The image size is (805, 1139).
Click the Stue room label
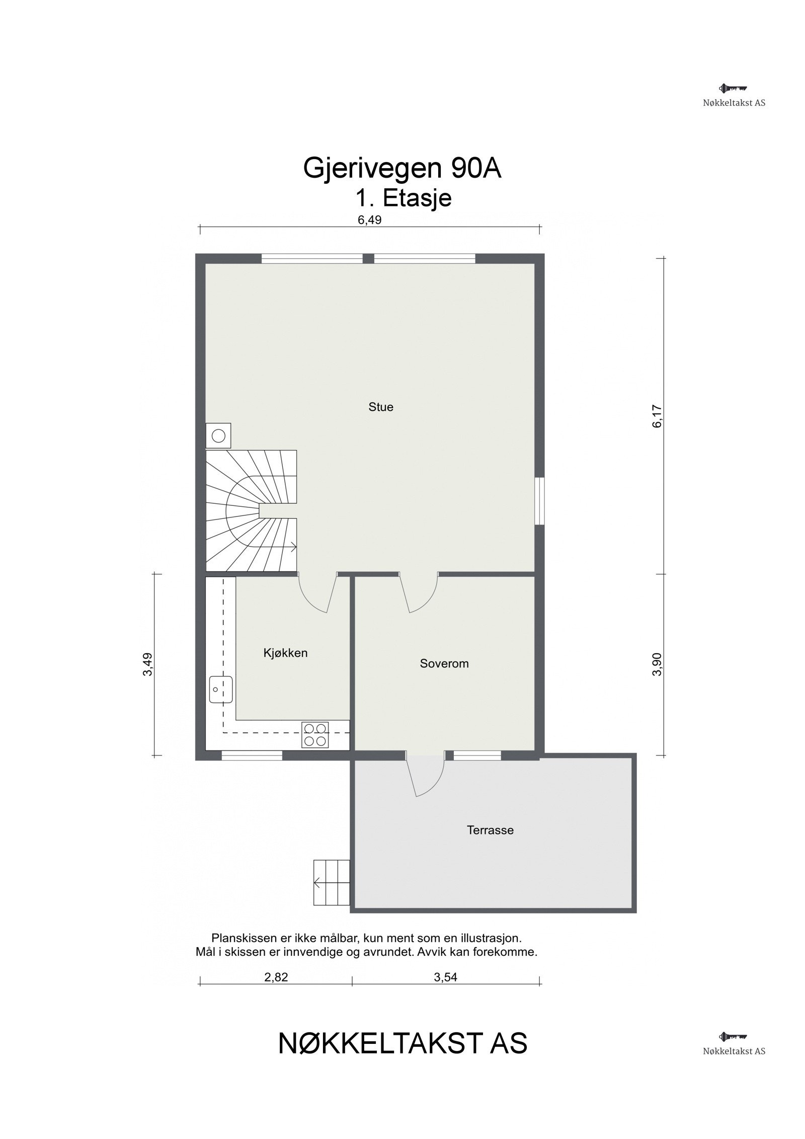tap(380, 407)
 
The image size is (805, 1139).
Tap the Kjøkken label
tap(285, 653)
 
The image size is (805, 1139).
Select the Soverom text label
tap(444, 664)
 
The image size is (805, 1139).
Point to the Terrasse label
tap(490, 830)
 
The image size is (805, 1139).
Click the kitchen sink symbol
tap(221, 690)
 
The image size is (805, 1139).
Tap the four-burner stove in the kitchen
tap(315, 734)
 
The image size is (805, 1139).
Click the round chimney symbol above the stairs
tap(218, 436)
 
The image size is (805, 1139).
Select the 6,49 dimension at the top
tap(370, 220)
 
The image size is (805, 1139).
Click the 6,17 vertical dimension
tap(657, 416)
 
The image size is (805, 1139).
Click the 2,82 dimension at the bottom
tap(276, 977)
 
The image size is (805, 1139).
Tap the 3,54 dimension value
tap(445, 977)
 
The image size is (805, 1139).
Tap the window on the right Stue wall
tap(539, 501)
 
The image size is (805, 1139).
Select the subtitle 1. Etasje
tap(403, 198)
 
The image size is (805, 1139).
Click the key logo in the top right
tap(733, 89)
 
